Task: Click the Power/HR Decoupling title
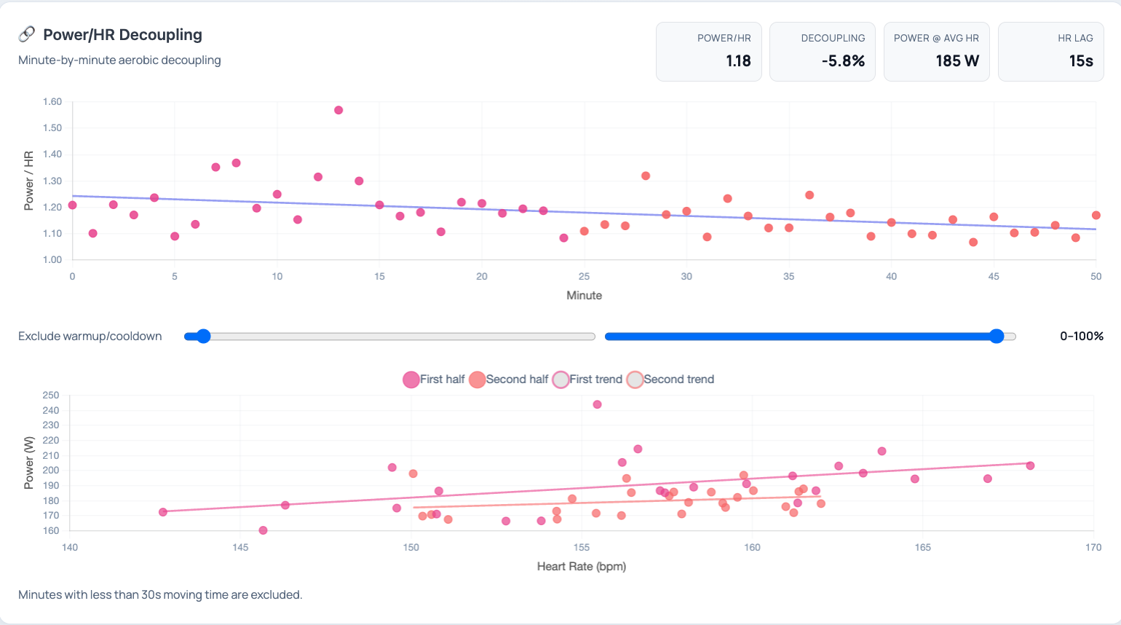[122, 35]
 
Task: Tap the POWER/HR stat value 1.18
[738, 61]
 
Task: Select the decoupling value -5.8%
[843, 61]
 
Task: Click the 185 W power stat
[957, 61]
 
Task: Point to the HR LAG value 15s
[1081, 61]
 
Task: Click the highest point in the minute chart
[338, 111]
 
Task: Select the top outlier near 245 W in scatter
[598, 405]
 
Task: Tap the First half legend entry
[434, 380]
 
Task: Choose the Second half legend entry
[509, 380]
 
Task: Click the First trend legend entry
[587, 380]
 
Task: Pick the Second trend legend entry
[670, 380]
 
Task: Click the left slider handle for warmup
[204, 337]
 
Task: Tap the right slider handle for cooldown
[997, 337]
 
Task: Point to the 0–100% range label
[1082, 337]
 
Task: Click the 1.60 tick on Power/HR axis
[52, 102]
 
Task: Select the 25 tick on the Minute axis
[584, 277]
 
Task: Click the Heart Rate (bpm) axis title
[581, 567]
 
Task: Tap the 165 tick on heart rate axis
[922, 548]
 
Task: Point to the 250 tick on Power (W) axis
[51, 396]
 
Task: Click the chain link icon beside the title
[27, 34]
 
